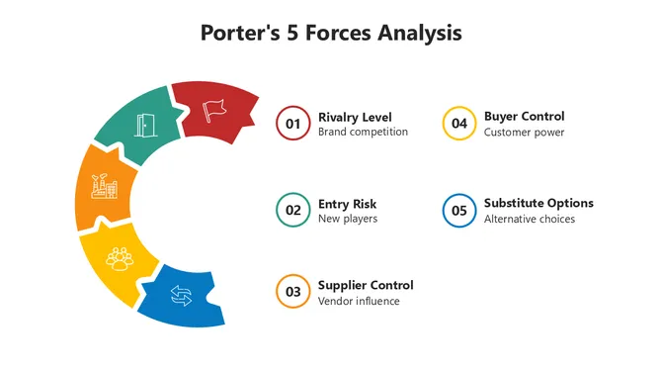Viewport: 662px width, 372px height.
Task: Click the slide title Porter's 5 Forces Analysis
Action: point(331,33)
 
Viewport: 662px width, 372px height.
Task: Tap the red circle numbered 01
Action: point(292,124)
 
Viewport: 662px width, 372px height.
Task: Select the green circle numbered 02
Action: point(292,210)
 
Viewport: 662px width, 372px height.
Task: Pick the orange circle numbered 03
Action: point(292,292)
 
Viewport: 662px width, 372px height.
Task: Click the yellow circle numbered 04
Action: point(458,124)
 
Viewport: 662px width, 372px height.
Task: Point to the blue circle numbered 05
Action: point(458,210)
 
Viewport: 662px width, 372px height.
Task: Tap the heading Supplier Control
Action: point(366,286)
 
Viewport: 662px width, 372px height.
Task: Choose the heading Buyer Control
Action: point(524,117)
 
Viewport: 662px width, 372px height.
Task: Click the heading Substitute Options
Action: point(538,204)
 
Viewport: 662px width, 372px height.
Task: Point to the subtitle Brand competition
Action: point(363,133)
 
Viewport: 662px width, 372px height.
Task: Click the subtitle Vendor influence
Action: point(359,301)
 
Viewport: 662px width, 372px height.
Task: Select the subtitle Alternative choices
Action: point(529,219)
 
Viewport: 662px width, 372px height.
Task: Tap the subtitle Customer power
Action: point(524,133)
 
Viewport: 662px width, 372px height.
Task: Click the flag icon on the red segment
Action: point(213,108)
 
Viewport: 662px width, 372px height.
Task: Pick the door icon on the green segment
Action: point(146,126)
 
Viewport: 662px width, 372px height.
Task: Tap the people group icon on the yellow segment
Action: point(121,257)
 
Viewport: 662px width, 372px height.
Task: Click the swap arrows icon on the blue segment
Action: point(181,295)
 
